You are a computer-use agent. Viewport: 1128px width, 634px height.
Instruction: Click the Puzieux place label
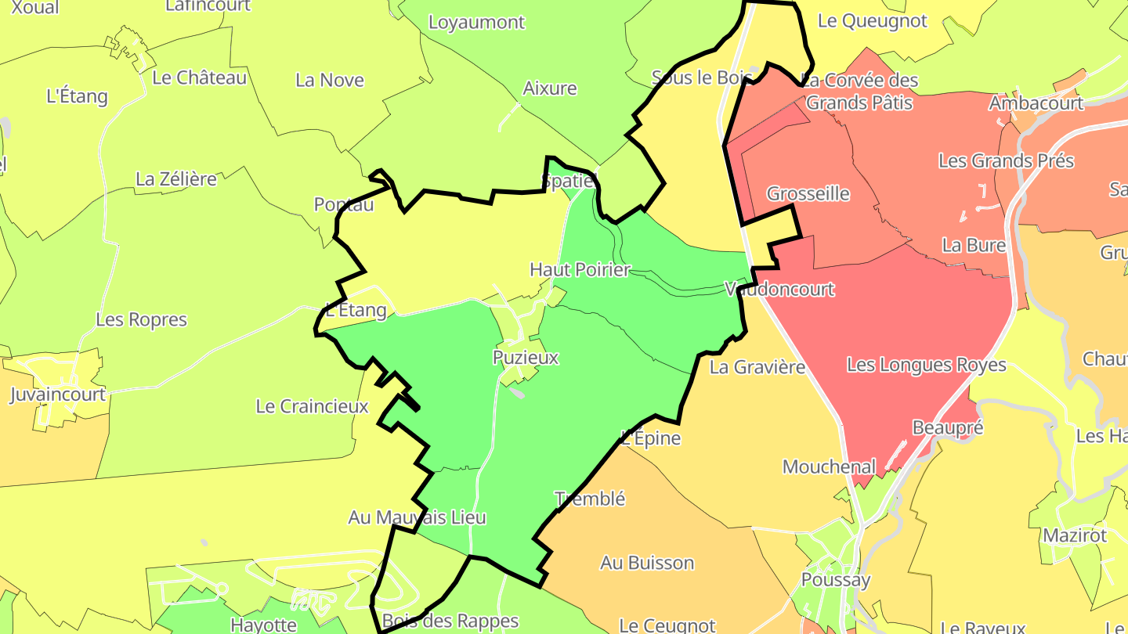point(526,358)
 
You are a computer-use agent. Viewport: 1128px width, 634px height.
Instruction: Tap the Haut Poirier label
point(580,270)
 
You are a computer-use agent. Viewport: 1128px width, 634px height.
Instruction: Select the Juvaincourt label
point(57,394)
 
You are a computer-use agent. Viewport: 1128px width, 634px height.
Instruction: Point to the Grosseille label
point(808,193)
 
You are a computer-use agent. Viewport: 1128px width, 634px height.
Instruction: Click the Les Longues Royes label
point(926,366)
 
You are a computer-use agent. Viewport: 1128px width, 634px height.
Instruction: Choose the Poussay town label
point(836,580)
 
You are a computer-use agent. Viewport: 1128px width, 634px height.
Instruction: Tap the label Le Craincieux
point(312,407)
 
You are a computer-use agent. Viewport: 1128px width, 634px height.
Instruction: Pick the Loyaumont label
point(476,23)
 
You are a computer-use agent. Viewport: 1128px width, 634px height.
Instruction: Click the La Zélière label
point(176,179)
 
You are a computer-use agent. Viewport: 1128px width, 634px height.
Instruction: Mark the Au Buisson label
point(647,563)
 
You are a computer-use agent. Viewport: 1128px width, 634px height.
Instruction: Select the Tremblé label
point(589,499)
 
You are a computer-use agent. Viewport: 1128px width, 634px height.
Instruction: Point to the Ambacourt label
point(1036,103)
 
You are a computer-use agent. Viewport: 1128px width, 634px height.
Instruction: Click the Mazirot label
point(1074,536)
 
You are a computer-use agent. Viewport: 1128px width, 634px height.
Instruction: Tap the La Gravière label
point(757,366)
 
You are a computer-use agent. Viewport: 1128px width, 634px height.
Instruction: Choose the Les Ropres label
point(142,320)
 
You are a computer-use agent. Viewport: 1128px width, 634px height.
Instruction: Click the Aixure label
point(550,88)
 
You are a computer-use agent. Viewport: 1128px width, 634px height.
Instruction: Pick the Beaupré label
point(948,427)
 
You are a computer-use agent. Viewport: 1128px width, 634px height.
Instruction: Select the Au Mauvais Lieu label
point(417,517)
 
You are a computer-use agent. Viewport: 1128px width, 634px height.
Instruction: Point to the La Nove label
point(330,80)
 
